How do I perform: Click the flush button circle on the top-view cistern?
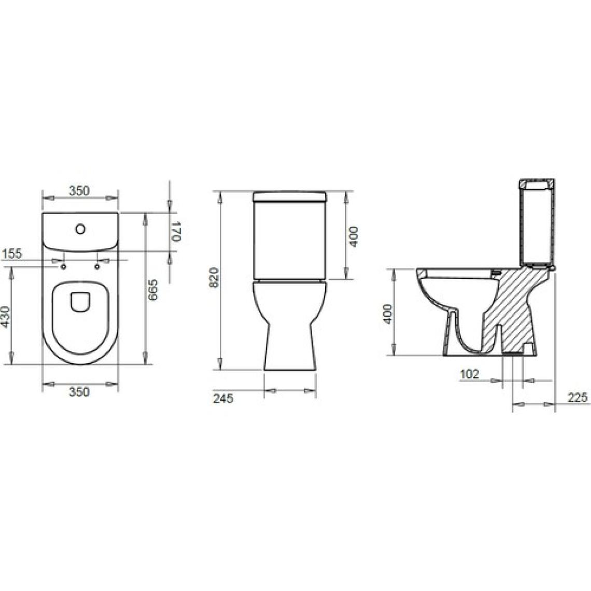click(80, 229)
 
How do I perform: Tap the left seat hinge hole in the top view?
click(63, 267)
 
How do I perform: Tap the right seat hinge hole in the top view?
click(97, 267)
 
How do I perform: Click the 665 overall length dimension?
click(153, 290)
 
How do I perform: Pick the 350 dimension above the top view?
click(79, 191)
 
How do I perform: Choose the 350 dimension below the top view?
click(79, 392)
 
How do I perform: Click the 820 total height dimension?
click(214, 277)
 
